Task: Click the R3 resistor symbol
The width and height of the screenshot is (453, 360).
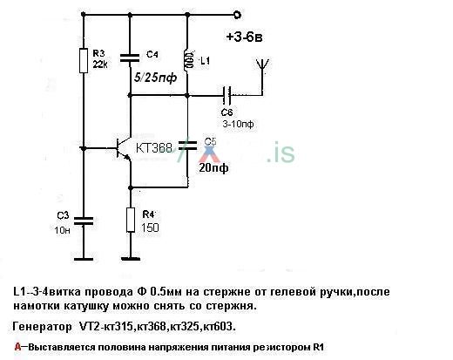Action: tap(84, 60)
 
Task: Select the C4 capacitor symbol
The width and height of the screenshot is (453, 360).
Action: tap(130, 58)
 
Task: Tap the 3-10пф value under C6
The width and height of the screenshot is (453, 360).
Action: tap(233, 124)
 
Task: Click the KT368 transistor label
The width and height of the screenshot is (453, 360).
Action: tap(156, 148)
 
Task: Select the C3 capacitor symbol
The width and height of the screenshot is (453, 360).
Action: tap(84, 221)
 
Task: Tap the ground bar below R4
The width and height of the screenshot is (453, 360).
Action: tap(131, 257)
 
